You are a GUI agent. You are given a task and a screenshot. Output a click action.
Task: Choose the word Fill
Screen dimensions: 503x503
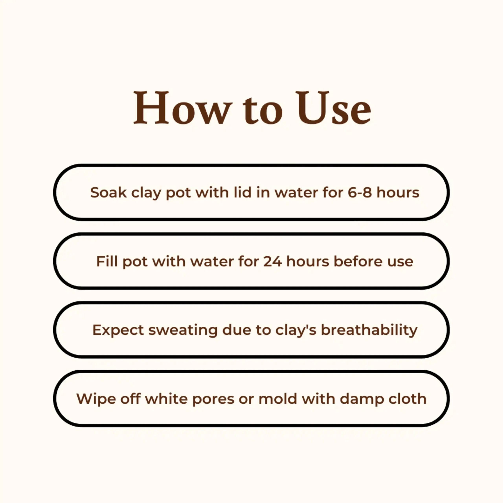pyautogui.click(x=107, y=261)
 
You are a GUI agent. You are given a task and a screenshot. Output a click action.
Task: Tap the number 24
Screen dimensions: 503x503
pyautogui.click(x=272, y=261)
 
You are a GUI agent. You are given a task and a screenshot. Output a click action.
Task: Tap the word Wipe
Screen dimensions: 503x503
pyautogui.click(x=96, y=399)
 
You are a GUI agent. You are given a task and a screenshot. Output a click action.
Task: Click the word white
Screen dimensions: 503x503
pyautogui.click(x=166, y=399)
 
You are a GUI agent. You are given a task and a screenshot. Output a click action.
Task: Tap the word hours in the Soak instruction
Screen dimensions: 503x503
pyautogui.click(x=398, y=193)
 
